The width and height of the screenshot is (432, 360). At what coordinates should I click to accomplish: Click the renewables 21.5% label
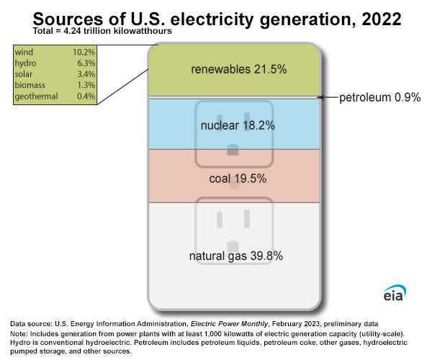click(238, 69)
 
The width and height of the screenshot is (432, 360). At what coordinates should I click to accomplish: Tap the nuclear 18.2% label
click(238, 125)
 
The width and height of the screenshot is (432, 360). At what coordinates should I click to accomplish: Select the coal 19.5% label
click(238, 179)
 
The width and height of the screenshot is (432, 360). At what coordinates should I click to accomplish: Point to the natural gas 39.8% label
click(236, 256)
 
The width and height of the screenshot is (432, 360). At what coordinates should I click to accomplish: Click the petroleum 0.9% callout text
click(379, 97)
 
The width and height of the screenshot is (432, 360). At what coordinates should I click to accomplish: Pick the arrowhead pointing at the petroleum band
click(320, 97)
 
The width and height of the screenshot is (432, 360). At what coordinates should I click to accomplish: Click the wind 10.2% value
click(84, 52)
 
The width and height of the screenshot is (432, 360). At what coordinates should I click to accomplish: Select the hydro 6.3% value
click(86, 63)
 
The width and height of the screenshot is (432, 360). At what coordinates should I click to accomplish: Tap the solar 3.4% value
click(86, 74)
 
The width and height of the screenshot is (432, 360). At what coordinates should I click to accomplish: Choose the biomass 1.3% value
click(86, 85)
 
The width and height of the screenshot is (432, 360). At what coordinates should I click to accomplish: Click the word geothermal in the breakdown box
click(36, 96)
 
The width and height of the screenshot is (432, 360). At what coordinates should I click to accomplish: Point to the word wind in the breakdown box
click(24, 52)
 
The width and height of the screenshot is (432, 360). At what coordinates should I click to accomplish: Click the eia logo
click(395, 294)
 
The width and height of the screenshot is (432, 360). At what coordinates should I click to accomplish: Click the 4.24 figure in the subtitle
click(72, 31)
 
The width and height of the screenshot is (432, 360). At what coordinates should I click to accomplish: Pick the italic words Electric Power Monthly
click(229, 324)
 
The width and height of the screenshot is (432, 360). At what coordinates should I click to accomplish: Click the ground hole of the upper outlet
click(233, 150)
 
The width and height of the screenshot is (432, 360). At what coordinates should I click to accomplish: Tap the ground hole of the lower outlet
click(233, 246)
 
